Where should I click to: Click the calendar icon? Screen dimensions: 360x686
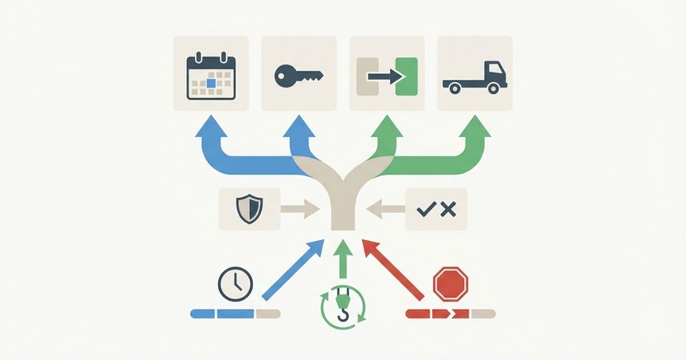pyautogui.click(x=211, y=75)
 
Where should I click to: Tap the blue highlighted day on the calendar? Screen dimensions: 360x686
pyautogui.click(x=211, y=83)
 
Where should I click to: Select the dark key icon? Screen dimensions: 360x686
pyautogui.click(x=298, y=75)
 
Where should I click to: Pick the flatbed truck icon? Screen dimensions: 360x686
pyautogui.click(x=474, y=77)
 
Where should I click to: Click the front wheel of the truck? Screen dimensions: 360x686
pyautogui.click(x=494, y=88)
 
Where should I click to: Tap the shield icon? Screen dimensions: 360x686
pyautogui.click(x=249, y=209)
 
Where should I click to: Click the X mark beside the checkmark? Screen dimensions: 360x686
pyautogui.click(x=449, y=210)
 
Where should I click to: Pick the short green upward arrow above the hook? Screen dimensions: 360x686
pyautogui.click(x=343, y=257)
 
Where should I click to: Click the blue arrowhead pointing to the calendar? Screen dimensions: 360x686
pyautogui.click(x=211, y=127)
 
